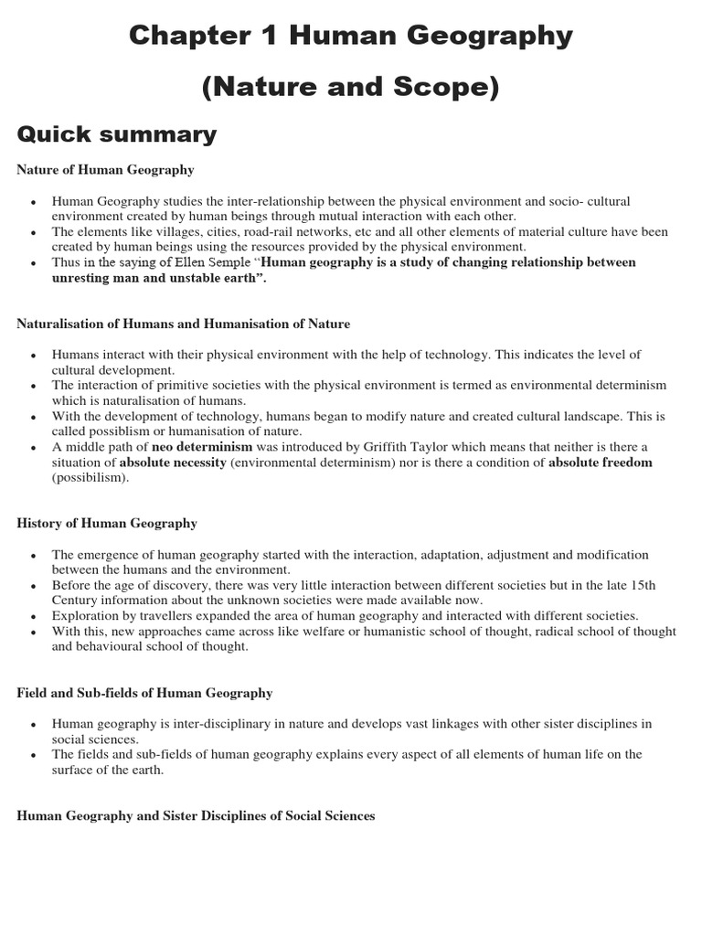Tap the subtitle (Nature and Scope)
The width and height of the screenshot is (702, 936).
(350, 87)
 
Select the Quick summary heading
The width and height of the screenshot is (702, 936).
(117, 135)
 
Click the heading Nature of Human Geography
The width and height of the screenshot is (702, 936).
(105, 170)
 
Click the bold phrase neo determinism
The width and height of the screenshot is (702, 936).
(201, 446)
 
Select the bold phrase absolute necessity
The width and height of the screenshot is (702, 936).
(173, 462)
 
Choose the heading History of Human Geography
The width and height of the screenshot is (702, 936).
(107, 524)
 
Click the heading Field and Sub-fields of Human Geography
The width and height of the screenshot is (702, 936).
(144, 693)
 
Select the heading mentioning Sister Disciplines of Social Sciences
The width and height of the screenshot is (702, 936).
(196, 815)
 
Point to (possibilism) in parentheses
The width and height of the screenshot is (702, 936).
(90, 477)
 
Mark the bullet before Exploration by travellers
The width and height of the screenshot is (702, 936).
(34, 616)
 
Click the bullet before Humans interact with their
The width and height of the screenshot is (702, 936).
(34, 355)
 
